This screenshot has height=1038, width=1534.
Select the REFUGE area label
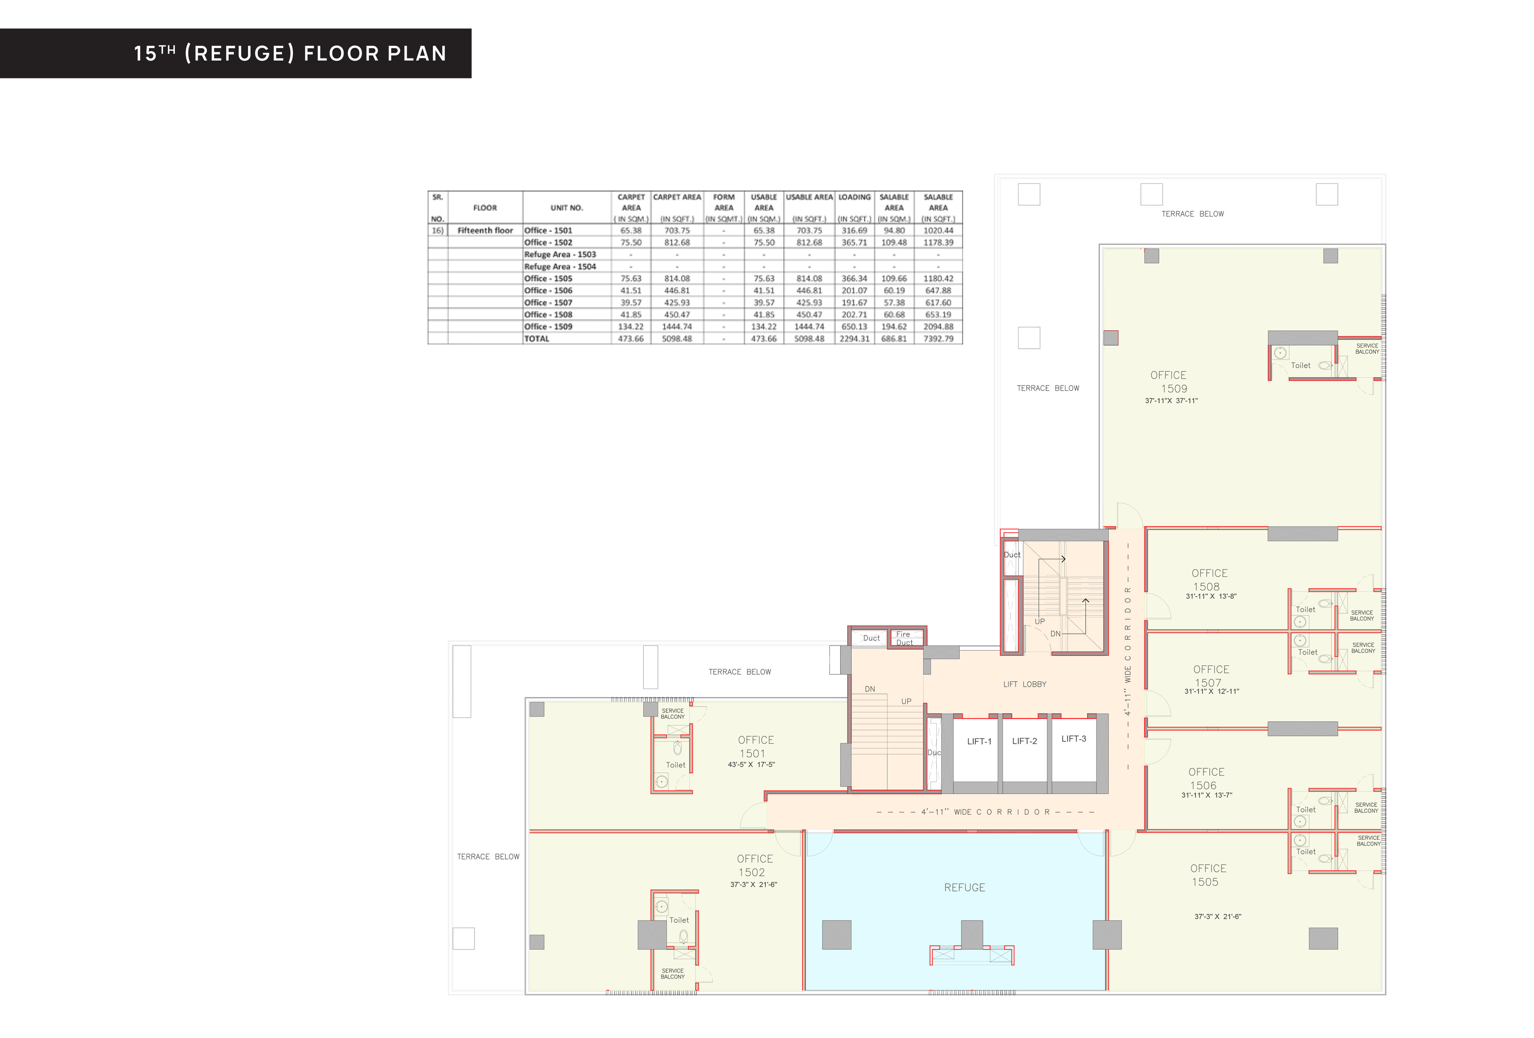965,888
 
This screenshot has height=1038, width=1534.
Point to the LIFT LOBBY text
1024,684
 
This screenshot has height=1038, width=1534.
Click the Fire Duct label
904,638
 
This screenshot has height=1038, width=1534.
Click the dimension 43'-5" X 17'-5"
751,765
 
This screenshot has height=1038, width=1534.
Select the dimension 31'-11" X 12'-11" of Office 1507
1211,692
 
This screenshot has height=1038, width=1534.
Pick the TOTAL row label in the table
537,339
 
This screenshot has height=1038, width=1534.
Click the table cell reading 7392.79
938,339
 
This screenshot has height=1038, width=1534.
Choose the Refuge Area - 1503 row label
560,255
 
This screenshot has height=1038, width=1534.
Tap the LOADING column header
854,197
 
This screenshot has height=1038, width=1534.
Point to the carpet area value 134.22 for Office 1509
630,327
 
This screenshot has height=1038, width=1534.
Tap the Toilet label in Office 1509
1300,366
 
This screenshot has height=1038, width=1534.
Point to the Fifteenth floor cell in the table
485,231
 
